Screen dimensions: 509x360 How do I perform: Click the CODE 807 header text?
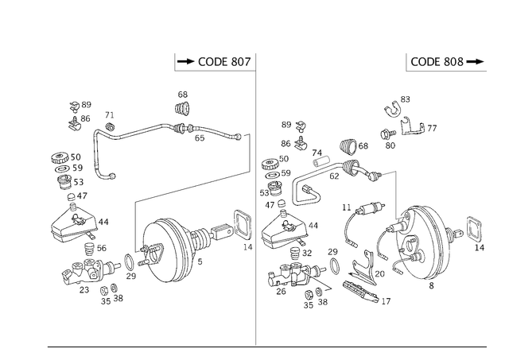pos(224,62)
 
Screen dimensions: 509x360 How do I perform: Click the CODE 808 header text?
pos(437,62)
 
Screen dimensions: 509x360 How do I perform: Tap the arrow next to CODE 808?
pos(475,62)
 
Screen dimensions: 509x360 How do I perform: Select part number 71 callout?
pos(110,115)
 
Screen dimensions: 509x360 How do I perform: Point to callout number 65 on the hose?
pos(200,138)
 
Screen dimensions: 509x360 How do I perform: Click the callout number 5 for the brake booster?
pos(200,261)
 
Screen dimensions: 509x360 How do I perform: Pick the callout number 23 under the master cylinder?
pos(84,289)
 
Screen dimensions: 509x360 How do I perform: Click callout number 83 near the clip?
pos(405,99)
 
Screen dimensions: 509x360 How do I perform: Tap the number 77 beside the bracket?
pos(432,129)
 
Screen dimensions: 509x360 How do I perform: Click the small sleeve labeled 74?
pos(321,161)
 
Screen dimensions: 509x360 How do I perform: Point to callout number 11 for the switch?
pos(347,207)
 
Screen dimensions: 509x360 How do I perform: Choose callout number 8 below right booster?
pos(431,286)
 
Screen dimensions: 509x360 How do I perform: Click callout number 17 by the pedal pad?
pos(386,301)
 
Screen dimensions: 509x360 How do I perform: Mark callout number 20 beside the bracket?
pos(379,274)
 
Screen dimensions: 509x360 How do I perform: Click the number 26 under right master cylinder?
pos(281,291)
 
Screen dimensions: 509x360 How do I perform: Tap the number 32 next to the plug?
pos(307,253)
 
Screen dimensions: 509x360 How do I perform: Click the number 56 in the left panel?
pos(102,248)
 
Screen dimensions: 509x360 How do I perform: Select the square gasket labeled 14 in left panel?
pos(243,225)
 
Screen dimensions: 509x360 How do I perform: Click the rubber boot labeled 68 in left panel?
pos(183,108)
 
